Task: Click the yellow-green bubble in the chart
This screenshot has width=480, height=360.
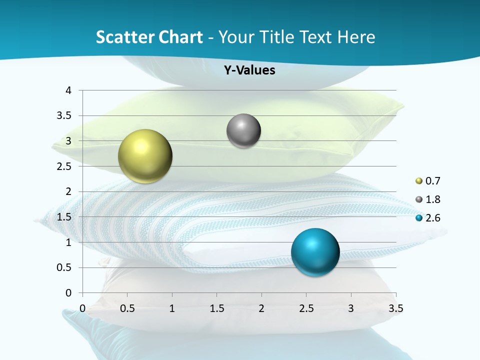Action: coord(145,156)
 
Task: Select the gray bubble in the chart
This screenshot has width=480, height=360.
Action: coord(243,131)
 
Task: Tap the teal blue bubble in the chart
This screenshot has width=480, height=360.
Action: coord(315,252)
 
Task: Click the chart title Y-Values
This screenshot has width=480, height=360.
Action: coord(249,70)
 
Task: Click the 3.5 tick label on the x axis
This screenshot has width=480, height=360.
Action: coord(396,308)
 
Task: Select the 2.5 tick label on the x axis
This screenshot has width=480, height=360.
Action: coord(306,308)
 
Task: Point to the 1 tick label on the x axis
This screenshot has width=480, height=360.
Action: coord(172,308)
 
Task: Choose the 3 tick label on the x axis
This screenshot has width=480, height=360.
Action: coord(351,308)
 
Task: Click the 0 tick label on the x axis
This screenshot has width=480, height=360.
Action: coord(83,308)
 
